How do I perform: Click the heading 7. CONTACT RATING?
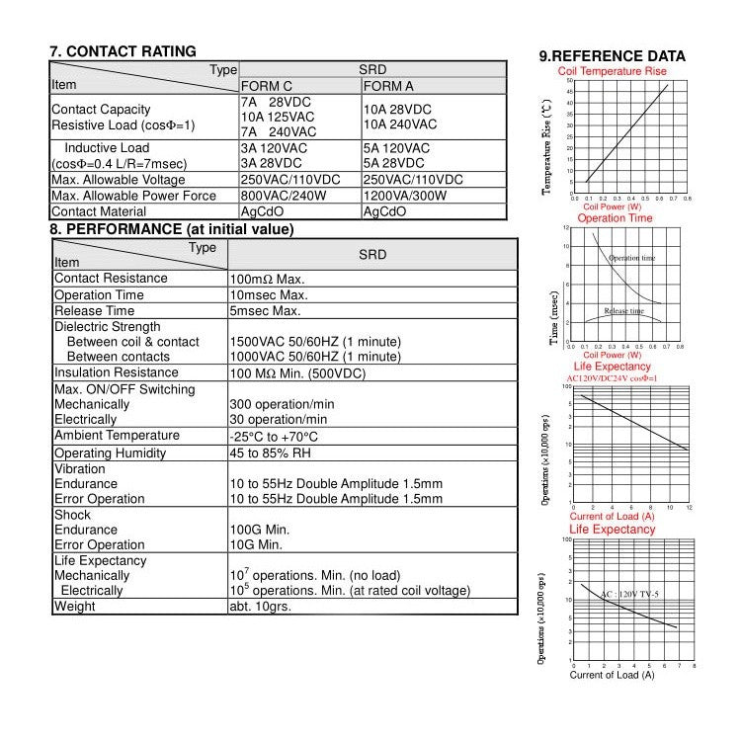(123, 51)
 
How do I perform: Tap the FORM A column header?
(388, 86)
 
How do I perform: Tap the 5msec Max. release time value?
(265, 311)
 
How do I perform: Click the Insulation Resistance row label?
(117, 372)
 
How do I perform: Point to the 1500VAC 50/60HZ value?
(314, 342)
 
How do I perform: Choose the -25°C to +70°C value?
(274, 437)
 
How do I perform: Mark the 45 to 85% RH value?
(271, 453)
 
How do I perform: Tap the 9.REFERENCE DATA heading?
(612, 56)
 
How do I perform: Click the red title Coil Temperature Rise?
(612, 71)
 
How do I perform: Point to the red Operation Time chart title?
(615, 218)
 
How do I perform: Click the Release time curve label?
(623, 311)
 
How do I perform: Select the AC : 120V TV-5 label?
(629, 595)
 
